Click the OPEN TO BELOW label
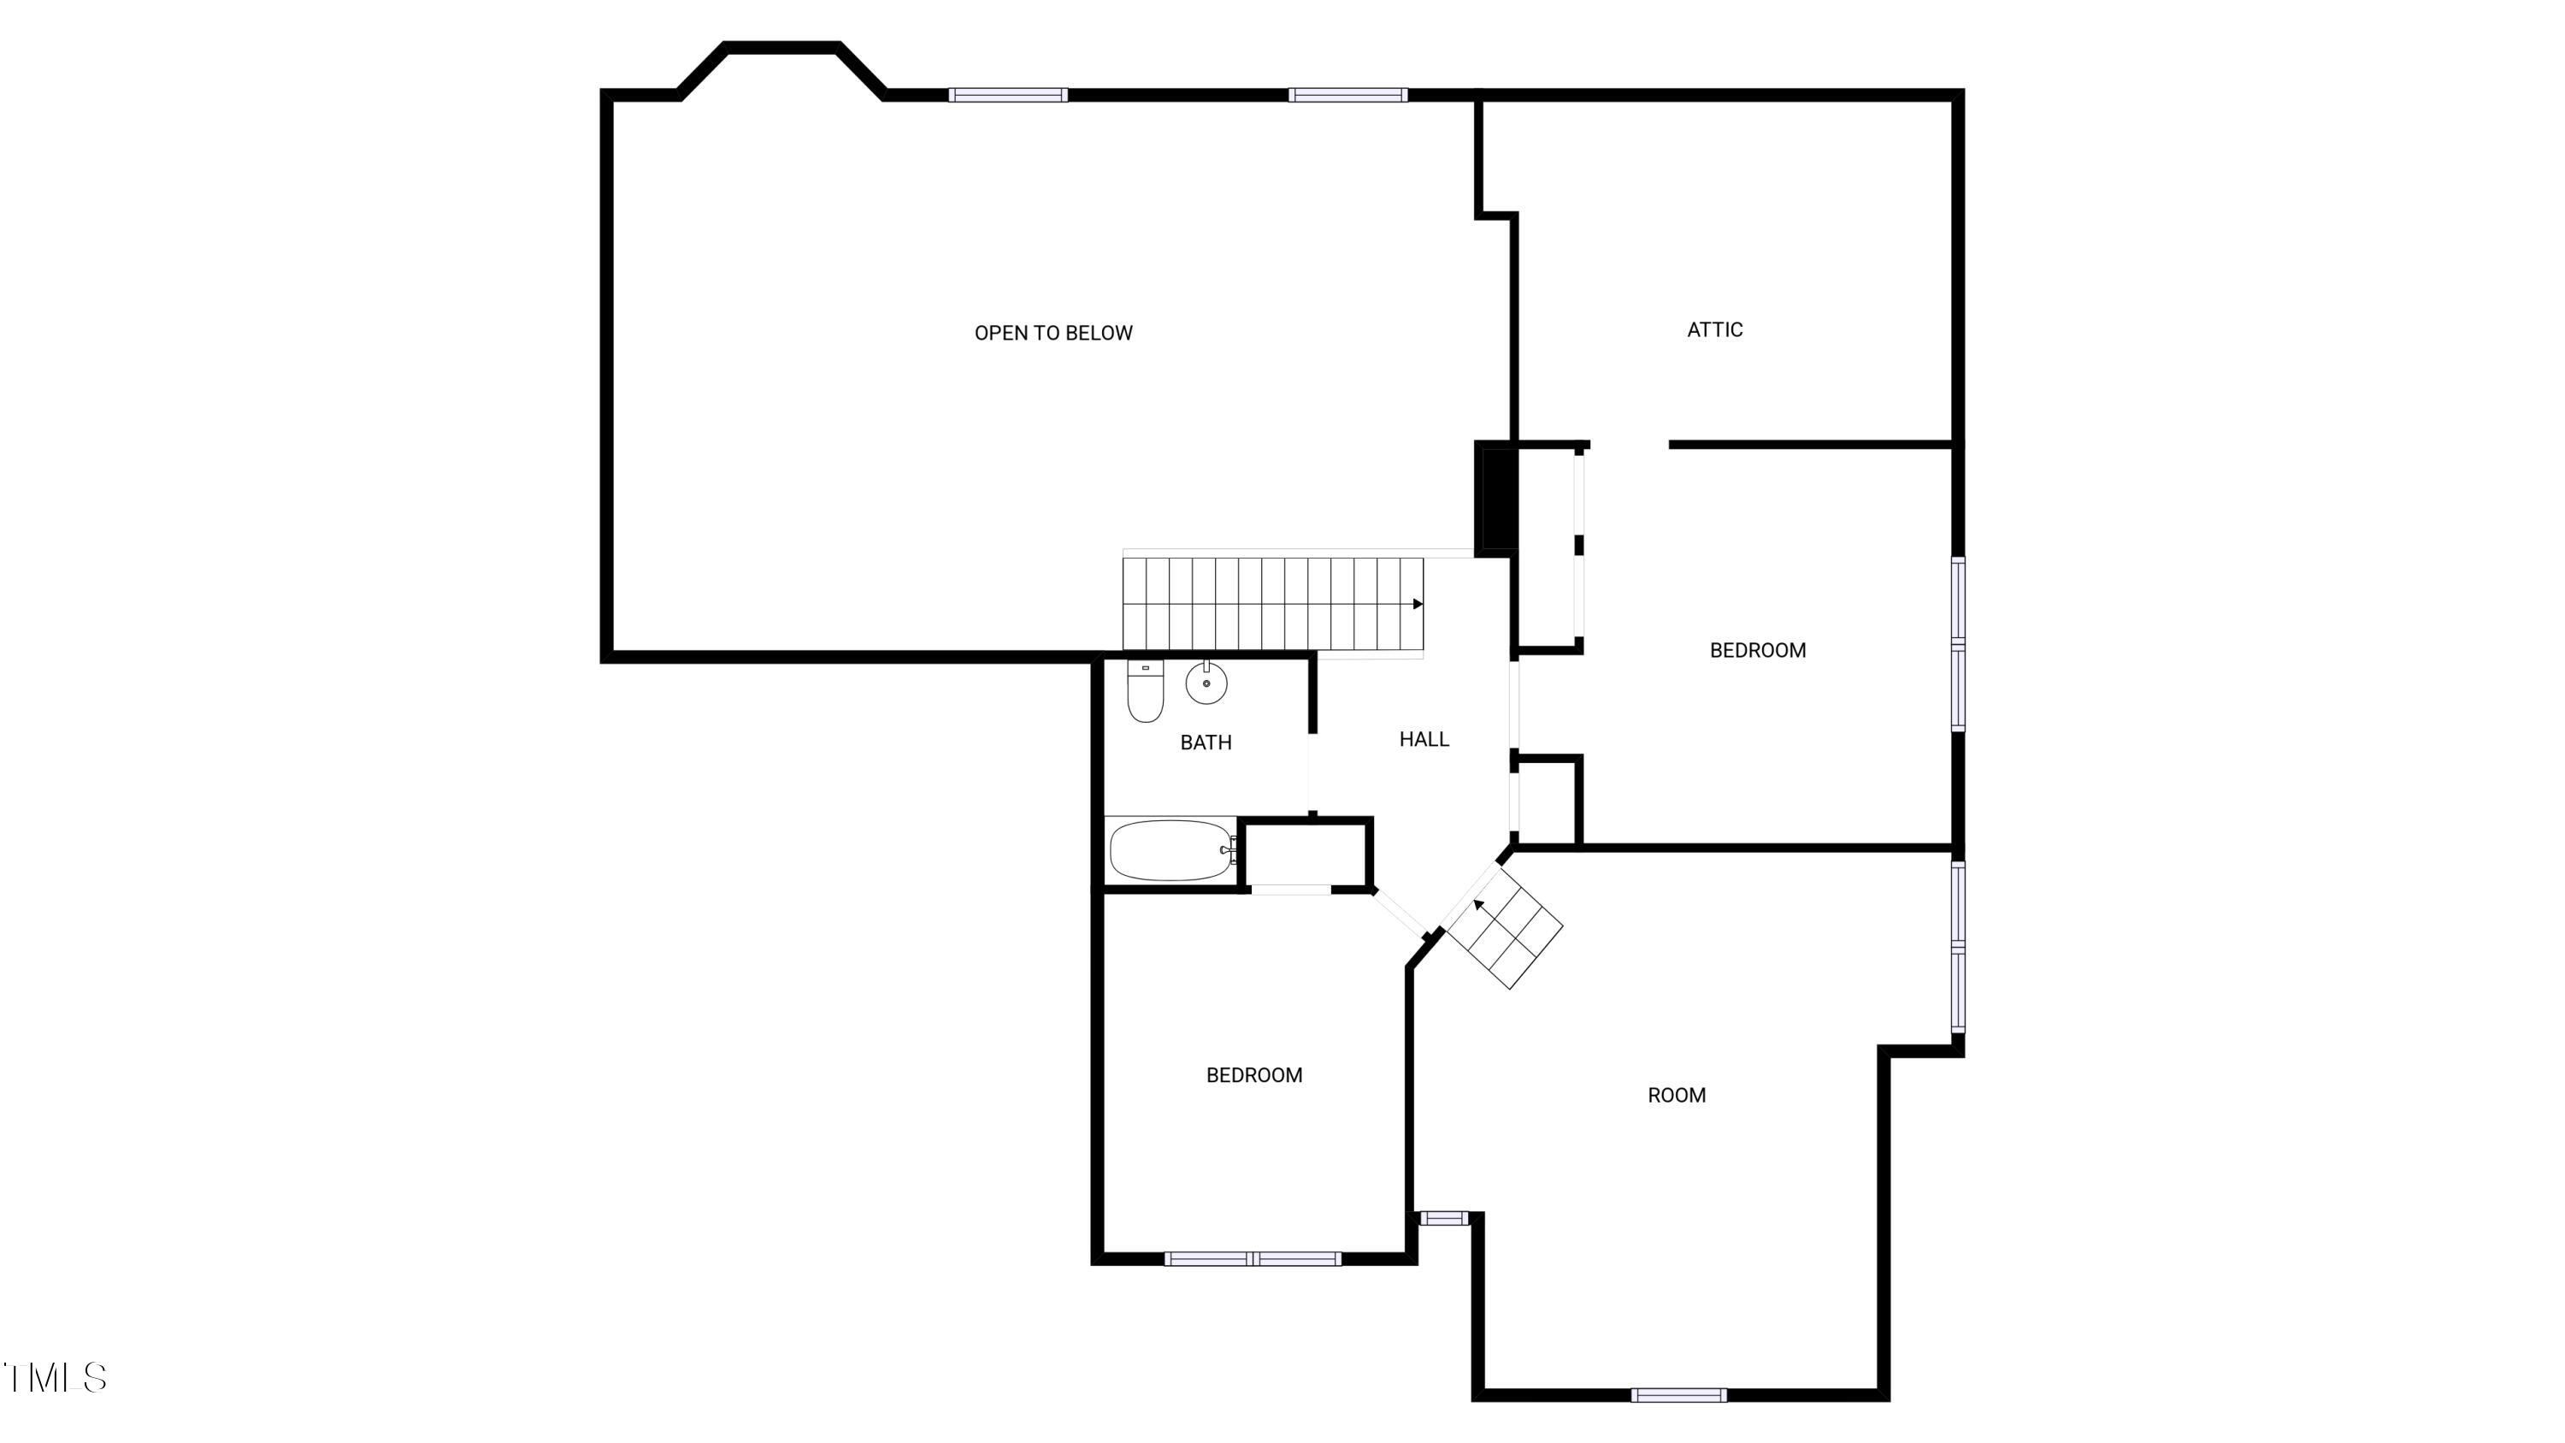click(1053, 334)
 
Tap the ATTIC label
click(1713, 329)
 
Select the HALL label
click(1423, 739)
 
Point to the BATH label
click(1205, 742)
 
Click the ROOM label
click(1676, 1096)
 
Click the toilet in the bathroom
click(1145, 690)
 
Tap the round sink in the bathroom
click(1206, 683)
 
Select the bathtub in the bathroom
click(1171, 850)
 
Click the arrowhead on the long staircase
click(1418, 604)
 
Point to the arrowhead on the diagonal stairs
click(1480, 904)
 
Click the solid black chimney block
click(1496, 498)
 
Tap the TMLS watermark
click(55, 1377)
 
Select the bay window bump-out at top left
click(781, 69)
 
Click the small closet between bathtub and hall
click(1305, 854)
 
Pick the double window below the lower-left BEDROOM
click(1252, 1259)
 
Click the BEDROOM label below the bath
click(1253, 1075)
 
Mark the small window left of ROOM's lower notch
click(1443, 1218)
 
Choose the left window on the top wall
click(1008, 96)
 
